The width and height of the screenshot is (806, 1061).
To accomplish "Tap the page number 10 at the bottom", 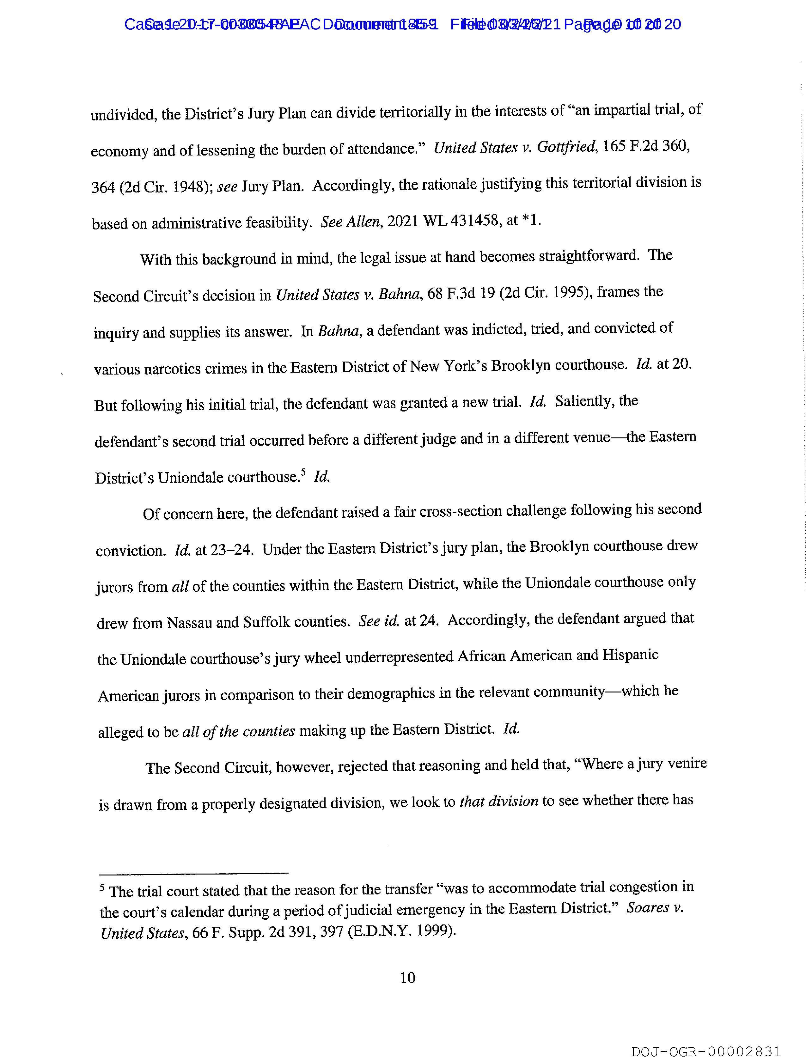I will tap(407, 978).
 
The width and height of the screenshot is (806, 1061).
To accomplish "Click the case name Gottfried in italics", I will tap(566, 147).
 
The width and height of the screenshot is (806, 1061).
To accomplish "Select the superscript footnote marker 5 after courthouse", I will tap(303, 473).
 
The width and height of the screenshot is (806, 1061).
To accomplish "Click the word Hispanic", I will tap(630, 655).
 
